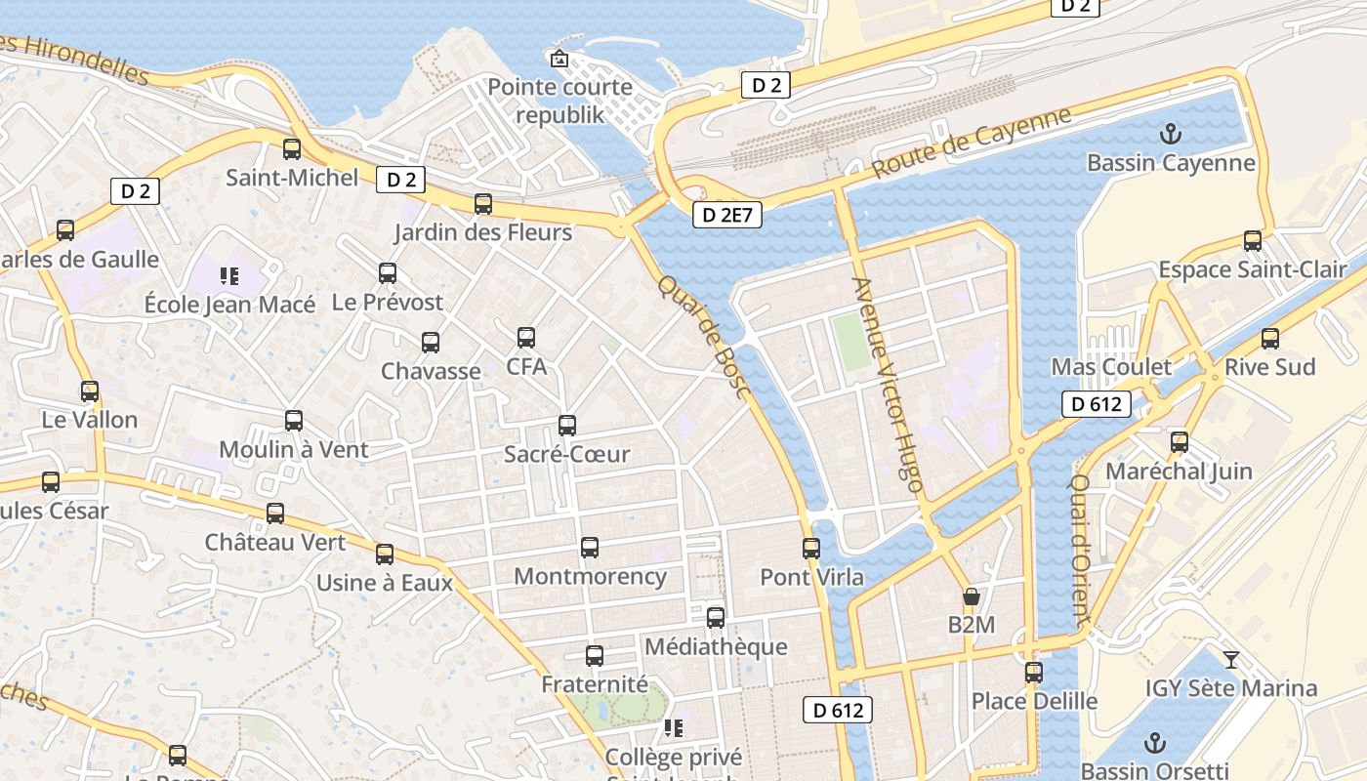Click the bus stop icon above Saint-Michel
pos(292,149)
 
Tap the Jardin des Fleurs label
pos(482,232)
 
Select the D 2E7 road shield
pos(727,215)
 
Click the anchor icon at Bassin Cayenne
pos(1169,133)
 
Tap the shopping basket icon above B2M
pos(971,596)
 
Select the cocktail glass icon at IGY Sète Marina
pos(1231,660)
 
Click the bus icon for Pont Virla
pos(811,549)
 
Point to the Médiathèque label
pos(716,646)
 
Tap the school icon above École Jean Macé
pos(229,276)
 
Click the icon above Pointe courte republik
pos(559,60)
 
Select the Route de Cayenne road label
pos(971,143)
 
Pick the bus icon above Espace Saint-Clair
pos(1253,241)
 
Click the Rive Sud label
pos(1269,367)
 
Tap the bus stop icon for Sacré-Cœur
pos(567,426)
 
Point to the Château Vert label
pos(275,542)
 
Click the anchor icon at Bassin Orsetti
pos(1154,743)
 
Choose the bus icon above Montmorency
pos(590,548)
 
